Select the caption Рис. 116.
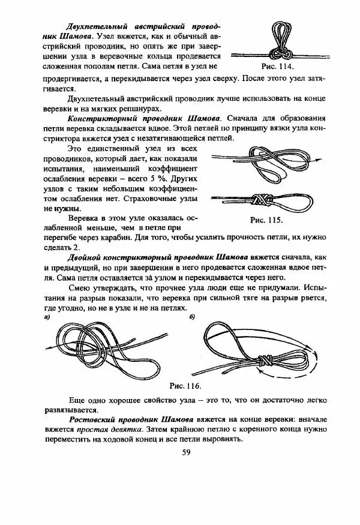[x=186, y=385]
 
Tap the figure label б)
[x=191, y=316]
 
